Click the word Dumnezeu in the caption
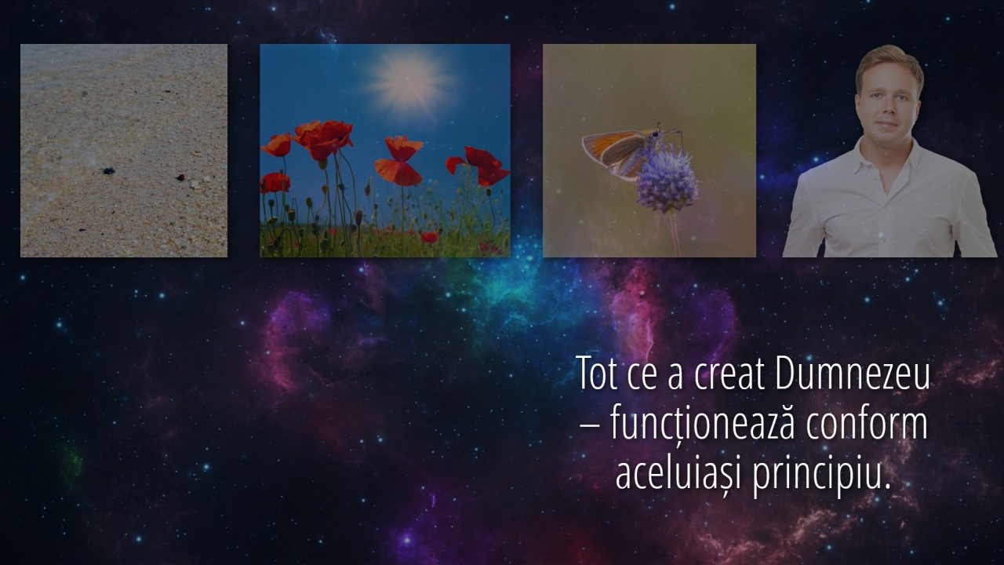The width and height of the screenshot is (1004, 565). click(x=851, y=373)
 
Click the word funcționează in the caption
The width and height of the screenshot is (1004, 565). click(x=703, y=425)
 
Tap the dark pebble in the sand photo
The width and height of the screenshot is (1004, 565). click(x=108, y=171)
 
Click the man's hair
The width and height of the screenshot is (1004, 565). click(x=889, y=65)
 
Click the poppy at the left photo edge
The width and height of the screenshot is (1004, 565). click(x=275, y=183)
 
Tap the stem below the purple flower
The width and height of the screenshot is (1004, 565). click(x=674, y=234)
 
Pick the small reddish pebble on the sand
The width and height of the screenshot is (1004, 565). click(x=180, y=177)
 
